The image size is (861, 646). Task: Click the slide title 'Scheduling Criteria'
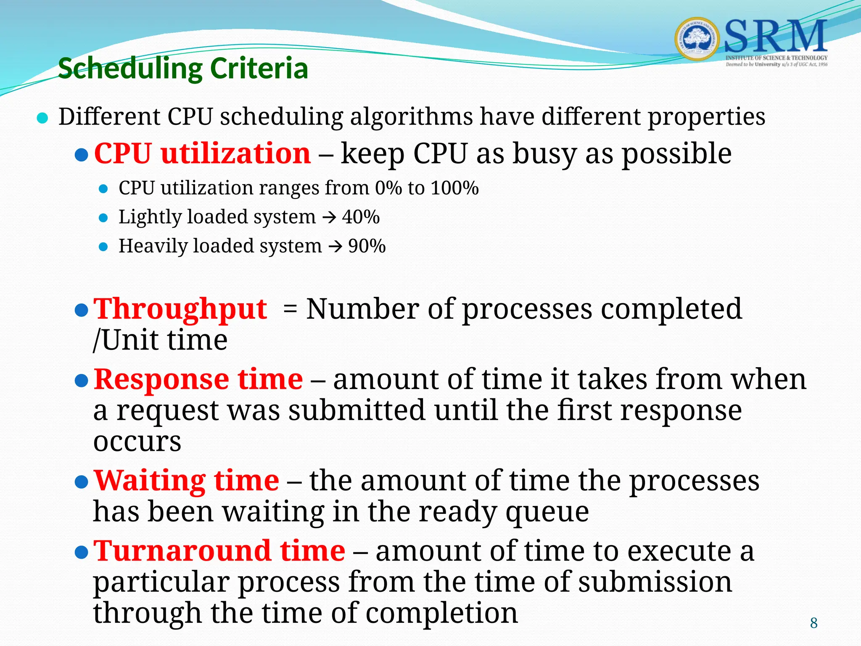183,68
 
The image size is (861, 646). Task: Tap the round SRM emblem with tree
697,39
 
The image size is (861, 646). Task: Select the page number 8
813,623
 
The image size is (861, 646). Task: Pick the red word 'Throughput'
180,309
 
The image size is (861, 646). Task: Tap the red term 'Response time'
198,379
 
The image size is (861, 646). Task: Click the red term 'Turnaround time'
219,551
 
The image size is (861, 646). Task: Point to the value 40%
361,217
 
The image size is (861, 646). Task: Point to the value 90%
367,246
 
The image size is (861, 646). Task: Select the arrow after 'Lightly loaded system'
329,218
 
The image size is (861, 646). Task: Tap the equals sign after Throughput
290,310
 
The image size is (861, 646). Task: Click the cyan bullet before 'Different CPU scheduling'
42,118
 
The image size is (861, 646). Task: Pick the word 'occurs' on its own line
137,442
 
